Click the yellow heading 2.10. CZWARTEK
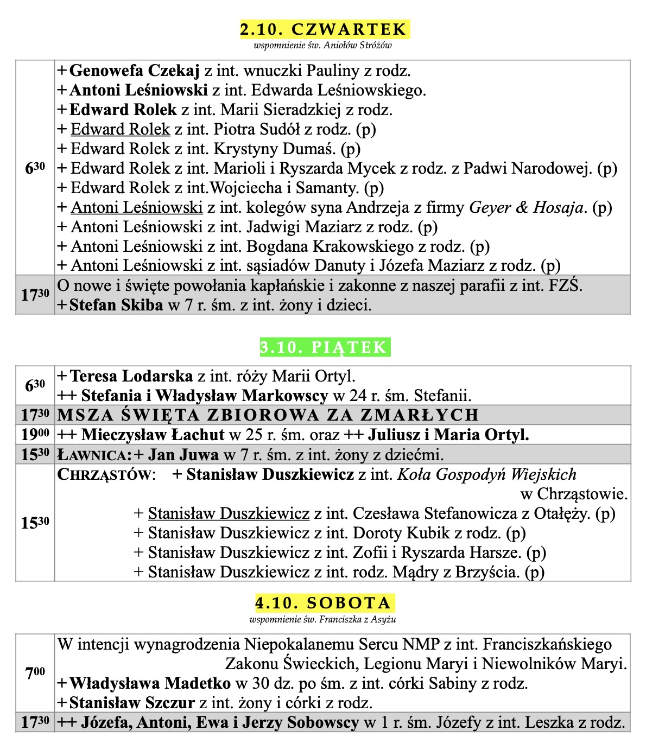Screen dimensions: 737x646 [x=324, y=29]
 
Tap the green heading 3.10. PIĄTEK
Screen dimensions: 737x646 [x=324, y=347]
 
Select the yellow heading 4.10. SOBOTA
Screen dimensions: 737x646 [x=324, y=603]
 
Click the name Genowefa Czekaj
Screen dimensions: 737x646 [x=135, y=71]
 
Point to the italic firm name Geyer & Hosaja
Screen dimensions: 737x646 [x=526, y=207]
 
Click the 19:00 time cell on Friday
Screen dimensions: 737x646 [x=35, y=435]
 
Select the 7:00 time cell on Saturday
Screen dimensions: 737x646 [x=35, y=673]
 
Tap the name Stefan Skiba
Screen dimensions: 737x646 [x=116, y=305]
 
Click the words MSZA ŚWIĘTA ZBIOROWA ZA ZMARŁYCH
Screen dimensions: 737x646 [x=268, y=415]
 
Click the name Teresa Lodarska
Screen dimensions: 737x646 [x=131, y=376]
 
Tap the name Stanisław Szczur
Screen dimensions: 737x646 [x=132, y=703]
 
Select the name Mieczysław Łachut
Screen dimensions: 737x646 [x=153, y=435]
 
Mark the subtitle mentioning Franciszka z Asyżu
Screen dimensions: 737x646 [x=322, y=619]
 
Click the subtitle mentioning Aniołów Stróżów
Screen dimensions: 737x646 [x=322, y=46]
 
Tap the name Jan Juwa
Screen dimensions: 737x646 [x=183, y=455]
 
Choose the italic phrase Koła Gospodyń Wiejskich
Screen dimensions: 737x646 [x=487, y=475]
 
